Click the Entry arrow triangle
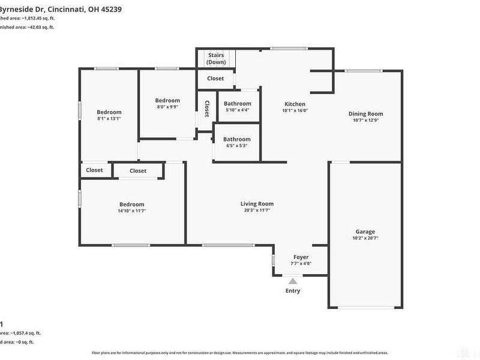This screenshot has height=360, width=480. [x=293, y=280]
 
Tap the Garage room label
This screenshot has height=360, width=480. [x=365, y=232]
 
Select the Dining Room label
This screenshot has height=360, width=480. [x=365, y=114]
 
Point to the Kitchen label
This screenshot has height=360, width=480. [x=295, y=104]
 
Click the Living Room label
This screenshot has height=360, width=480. [x=257, y=203]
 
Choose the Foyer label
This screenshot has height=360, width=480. [x=301, y=257]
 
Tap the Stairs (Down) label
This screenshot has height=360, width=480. [x=216, y=58]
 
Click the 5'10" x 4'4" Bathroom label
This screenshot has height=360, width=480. [x=238, y=104]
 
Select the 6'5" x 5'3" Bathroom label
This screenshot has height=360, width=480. [x=238, y=139]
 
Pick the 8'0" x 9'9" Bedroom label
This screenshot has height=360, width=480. [x=167, y=100]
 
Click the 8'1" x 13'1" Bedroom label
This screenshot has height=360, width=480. [x=109, y=112]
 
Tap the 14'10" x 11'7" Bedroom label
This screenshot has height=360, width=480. [x=131, y=204]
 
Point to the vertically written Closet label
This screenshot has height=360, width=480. [x=207, y=108]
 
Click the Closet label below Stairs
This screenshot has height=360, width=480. [x=215, y=79]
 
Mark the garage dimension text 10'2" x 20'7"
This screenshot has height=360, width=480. [x=365, y=238]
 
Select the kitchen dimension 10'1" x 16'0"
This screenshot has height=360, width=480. [x=295, y=110]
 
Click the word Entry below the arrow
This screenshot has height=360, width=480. [x=293, y=291]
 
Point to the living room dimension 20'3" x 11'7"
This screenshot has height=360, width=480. [x=257, y=210]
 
